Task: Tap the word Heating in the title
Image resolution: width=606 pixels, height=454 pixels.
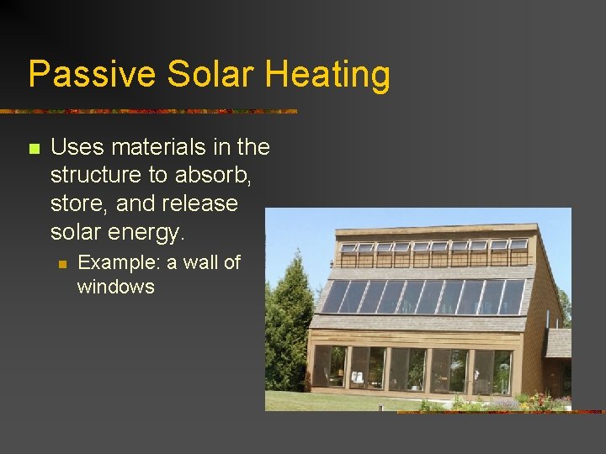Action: [x=328, y=75]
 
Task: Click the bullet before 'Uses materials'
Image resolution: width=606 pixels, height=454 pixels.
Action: [x=34, y=149]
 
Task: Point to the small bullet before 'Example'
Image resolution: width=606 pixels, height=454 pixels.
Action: [x=61, y=264]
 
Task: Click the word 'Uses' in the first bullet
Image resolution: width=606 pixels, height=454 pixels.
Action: [x=77, y=147]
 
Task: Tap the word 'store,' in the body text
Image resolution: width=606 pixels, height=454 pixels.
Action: [x=79, y=204]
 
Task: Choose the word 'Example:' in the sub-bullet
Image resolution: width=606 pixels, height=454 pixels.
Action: [x=119, y=262]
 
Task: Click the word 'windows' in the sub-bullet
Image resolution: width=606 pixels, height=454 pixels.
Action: [x=115, y=287]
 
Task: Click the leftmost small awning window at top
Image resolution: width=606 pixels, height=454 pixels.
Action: [x=348, y=248]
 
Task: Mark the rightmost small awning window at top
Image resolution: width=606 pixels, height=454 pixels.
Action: [x=518, y=245]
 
